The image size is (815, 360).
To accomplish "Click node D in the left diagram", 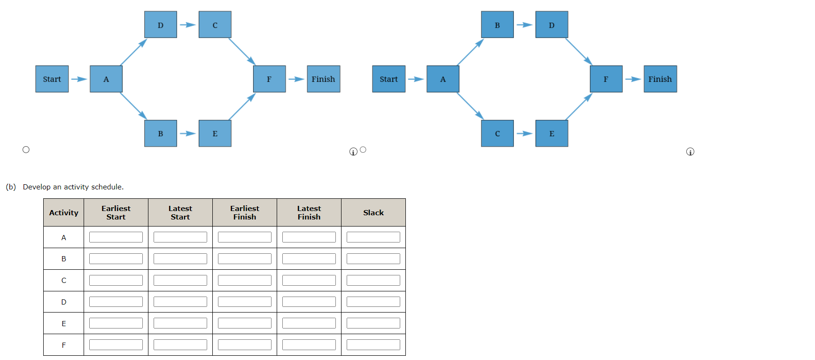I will click(x=160, y=25).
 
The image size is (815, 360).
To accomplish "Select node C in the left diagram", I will click(x=215, y=25).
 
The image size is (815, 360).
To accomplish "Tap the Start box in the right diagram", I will click(x=388, y=79).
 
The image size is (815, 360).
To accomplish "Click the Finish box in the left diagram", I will click(x=323, y=79).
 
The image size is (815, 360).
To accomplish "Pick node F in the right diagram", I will click(x=606, y=79).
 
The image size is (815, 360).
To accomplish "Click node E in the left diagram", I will click(x=215, y=133).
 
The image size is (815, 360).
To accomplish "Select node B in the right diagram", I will click(x=497, y=25).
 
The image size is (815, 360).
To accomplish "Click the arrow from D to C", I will click(x=187, y=25).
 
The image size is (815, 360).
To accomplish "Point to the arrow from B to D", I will click(x=524, y=25).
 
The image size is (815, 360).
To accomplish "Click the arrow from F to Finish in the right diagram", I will click(x=633, y=79).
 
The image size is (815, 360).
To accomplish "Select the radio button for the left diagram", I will click(x=26, y=150).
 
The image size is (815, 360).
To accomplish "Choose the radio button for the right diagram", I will click(x=363, y=150).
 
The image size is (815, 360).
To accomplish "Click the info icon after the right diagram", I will click(x=690, y=152).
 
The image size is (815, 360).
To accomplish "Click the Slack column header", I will click(x=373, y=212).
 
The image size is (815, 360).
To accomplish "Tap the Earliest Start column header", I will click(x=116, y=212).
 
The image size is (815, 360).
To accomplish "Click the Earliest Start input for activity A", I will click(x=116, y=237).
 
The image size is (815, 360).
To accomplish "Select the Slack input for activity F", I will click(x=373, y=345).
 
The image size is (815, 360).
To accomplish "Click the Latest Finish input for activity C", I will click(x=309, y=281).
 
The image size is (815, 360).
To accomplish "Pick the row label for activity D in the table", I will click(x=63, y=302).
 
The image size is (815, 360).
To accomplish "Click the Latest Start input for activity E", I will click(x=180, y=323).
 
